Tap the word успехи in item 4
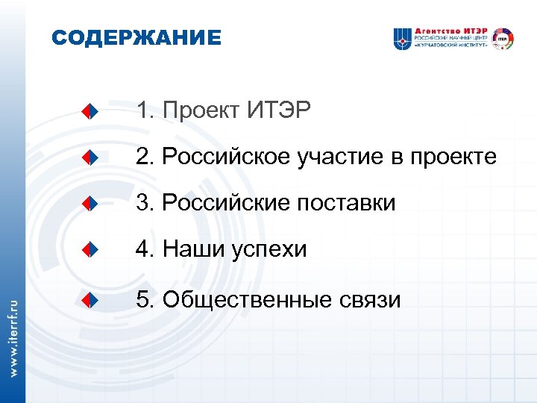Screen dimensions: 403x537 click(x=269, y=249)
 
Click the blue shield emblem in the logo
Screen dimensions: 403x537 click(x=403, y=38)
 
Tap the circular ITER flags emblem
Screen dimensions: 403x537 click(x=504, y=38)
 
